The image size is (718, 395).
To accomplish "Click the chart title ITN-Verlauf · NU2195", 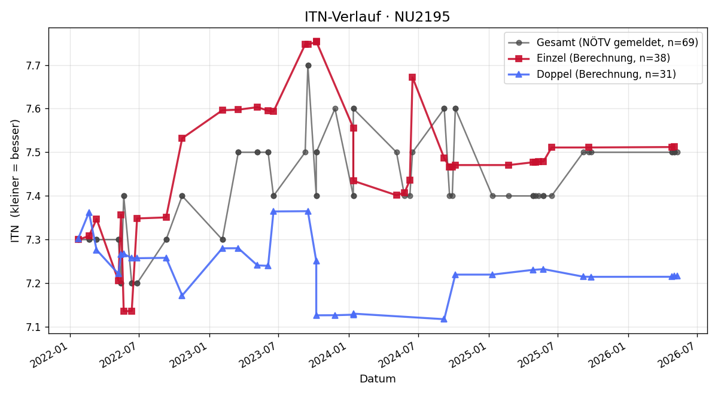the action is [x=378, y=17].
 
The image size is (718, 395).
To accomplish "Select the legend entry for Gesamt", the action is [x=603, y=42].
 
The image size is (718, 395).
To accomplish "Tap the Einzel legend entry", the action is [x=589, y=58].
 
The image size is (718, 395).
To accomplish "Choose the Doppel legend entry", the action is [x=592, y=74].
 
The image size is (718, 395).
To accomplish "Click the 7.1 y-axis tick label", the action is [x=34, y=327].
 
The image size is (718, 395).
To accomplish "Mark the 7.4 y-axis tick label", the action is [x=34, y=196].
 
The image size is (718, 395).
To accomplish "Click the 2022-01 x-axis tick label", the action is [x=51, y=354].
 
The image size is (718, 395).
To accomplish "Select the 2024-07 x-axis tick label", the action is [x=399, y=354].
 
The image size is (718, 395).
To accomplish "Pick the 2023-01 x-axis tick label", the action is [x=190, y=354].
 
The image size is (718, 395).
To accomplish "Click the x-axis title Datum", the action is [x=378, y=379].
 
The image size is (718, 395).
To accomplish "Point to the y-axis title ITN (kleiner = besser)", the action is [x=15, y=181].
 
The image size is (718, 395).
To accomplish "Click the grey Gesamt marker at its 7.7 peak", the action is [x=308, y=66].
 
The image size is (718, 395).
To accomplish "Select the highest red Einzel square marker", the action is [x=317, y=42].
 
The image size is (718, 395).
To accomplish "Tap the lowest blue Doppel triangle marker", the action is [x=444, y=320].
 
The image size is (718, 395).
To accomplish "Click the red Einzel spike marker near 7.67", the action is [x=412, y=77].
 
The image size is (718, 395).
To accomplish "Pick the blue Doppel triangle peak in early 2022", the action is [x=89, y=212].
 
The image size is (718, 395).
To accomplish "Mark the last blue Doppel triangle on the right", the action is [x=677, y=276].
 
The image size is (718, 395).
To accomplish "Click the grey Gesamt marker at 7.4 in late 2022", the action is [x=182, y=196].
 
